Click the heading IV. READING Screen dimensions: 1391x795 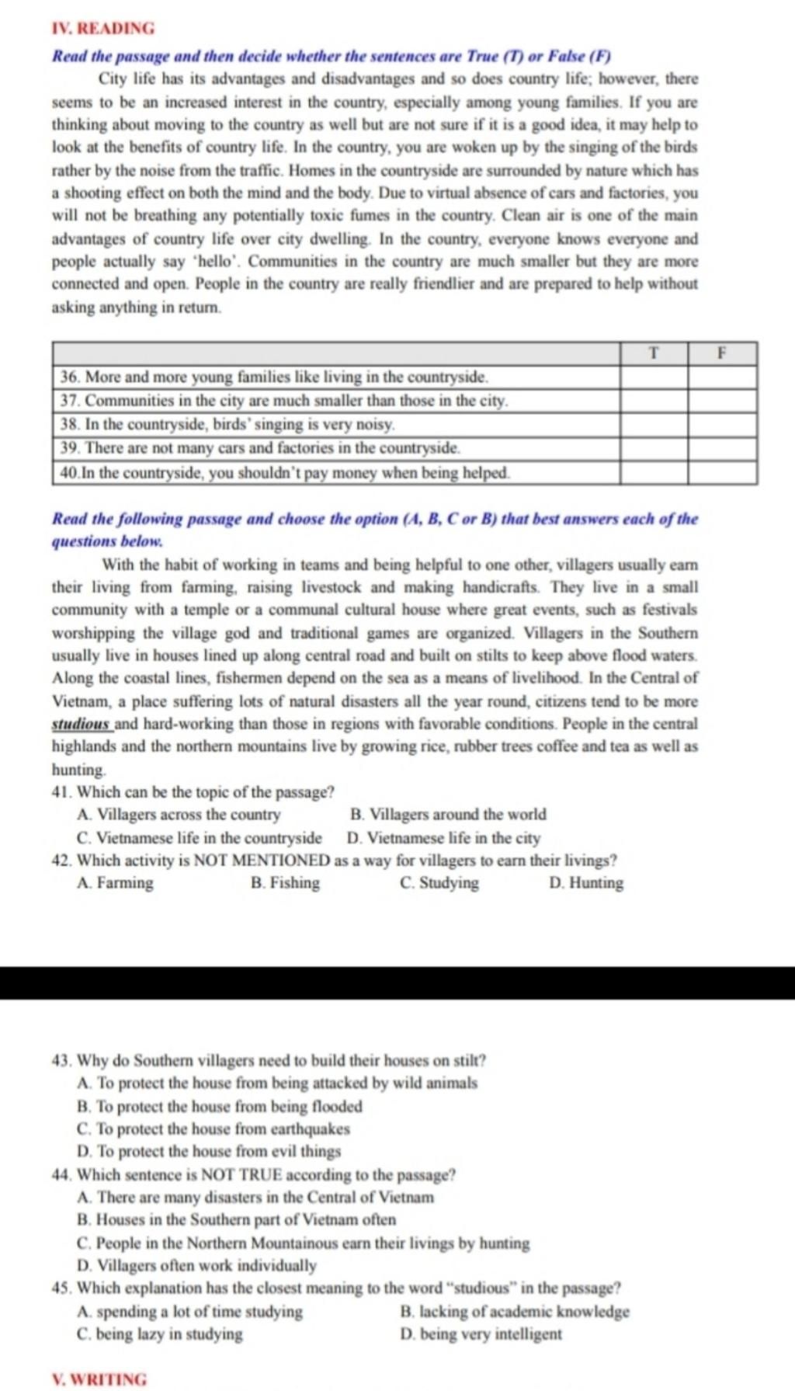click(102, 29)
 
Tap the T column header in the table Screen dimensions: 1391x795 click(654, 353)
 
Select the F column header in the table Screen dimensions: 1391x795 click(721, 353)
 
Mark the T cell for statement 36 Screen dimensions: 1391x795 click(654, 377)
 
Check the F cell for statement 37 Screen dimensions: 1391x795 click(721, 401)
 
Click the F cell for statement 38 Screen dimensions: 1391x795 click(721, 425)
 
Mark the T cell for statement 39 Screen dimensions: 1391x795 click(654, 448)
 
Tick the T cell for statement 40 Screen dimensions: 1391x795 click(654, 472)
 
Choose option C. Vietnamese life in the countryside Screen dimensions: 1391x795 click(200, 838)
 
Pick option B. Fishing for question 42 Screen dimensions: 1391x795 click(285, 883)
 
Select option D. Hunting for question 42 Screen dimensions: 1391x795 click(585, 883)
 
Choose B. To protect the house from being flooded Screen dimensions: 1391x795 click(220, 1106)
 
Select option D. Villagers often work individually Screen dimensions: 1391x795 click(197, 1265)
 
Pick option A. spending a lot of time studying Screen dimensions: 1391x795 click(190, 1312)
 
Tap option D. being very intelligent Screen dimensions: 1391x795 click(481, 1334)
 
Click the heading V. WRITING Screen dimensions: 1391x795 click(99, 1379)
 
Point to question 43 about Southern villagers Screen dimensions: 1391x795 click(269, 1060)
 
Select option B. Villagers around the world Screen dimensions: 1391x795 click(448, 815)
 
